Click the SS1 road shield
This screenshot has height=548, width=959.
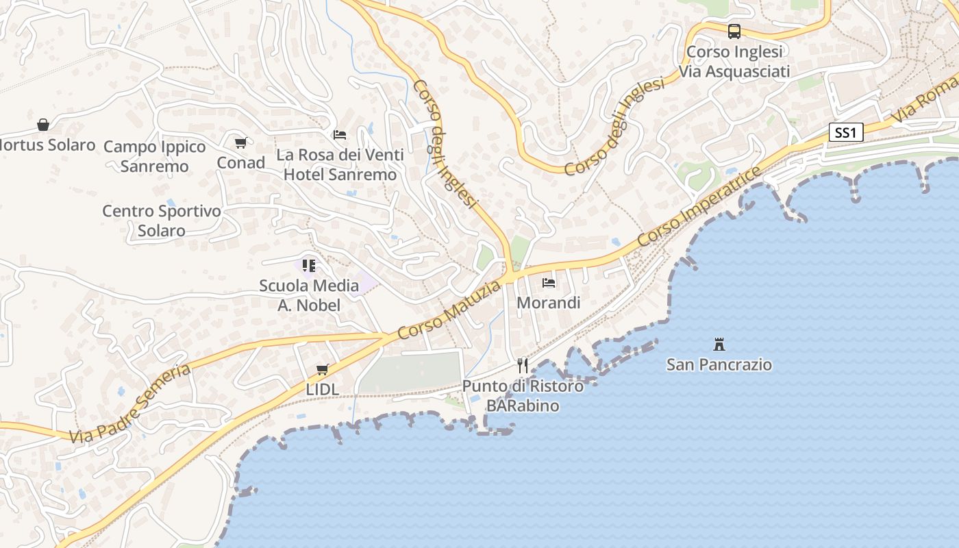pos(845,132)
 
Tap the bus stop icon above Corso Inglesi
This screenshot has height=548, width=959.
pos(734,32)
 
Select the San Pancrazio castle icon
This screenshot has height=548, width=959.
pos(719,343)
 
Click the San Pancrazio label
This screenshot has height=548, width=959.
pos(719,364)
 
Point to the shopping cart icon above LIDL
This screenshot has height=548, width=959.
pos(323,370)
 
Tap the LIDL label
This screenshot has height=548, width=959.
pos(322,389)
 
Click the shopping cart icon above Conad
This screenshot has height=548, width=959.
pos(240,143)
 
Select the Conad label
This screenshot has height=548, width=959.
pos(240,162)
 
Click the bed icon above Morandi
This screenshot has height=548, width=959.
pos(549,282)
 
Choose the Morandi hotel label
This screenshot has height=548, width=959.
pos(549,302)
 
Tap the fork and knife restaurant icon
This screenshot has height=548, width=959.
pos(523,365)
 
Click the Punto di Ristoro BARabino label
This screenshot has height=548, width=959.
pos(523,395)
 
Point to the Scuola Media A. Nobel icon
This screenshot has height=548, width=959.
pos(309,265)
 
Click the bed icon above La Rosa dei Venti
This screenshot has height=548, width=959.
pos(340,135)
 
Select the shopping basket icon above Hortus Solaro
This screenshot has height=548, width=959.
pos(43,125)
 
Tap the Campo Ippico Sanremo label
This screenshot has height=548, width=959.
pos(155,156)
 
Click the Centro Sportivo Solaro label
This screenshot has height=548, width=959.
pos(162,221)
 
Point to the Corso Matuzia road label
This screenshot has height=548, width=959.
pos(449,310)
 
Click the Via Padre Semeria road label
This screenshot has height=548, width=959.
pos(129,403)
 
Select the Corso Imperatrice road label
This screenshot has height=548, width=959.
pos(699,206)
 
